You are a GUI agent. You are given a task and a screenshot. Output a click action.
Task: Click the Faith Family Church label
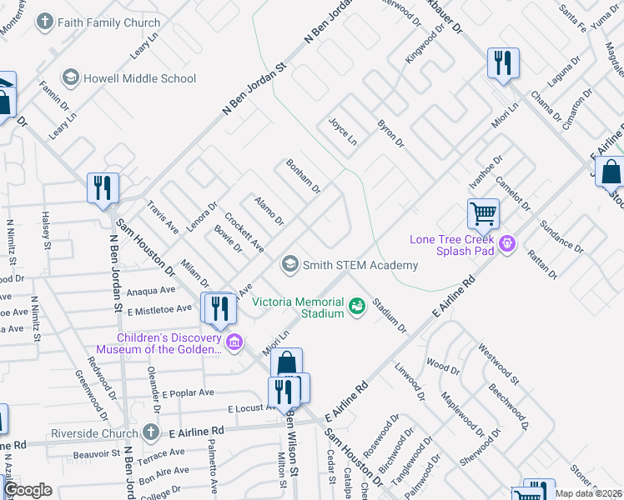(108, 22)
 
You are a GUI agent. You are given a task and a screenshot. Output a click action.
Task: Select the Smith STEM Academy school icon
(289, 265)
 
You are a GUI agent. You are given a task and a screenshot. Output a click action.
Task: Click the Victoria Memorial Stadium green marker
(357, 307)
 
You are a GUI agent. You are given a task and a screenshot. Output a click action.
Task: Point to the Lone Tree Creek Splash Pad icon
(506, 244)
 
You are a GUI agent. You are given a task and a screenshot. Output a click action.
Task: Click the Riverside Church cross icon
(149, 432)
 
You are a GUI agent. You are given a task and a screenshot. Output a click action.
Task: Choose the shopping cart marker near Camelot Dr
(483, 212)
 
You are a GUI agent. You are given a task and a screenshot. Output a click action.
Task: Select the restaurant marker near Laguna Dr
(503, 62)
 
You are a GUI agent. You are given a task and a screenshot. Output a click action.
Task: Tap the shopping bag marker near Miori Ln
(286, 363)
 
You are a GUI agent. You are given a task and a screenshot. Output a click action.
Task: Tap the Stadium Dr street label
(390, 316)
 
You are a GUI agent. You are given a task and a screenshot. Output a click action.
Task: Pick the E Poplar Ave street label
(189, 392)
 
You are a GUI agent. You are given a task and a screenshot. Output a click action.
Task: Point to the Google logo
(28, 490)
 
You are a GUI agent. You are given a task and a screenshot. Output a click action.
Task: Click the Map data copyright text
(586, 493)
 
